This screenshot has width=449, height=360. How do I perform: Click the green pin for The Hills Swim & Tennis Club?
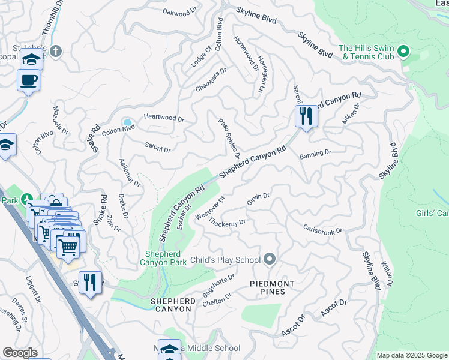tap(403, 52)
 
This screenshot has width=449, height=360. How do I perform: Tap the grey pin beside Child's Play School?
tap(270, 259)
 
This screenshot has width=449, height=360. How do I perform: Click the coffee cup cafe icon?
tap(28, 80)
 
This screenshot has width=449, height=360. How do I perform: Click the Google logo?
tap(20, 353)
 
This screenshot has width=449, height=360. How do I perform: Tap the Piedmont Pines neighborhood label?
tap(272, 288)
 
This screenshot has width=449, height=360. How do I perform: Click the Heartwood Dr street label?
tap(163, 119)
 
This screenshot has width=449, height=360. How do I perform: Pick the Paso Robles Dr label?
tap(229, 137)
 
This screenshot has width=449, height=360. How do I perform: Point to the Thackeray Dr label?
tap(227, 221)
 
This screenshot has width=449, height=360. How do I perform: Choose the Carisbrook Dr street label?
tap(322, 230)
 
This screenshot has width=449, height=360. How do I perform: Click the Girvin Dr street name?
tap(258, 197)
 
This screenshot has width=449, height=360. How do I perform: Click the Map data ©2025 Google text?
tap(411, 355)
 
